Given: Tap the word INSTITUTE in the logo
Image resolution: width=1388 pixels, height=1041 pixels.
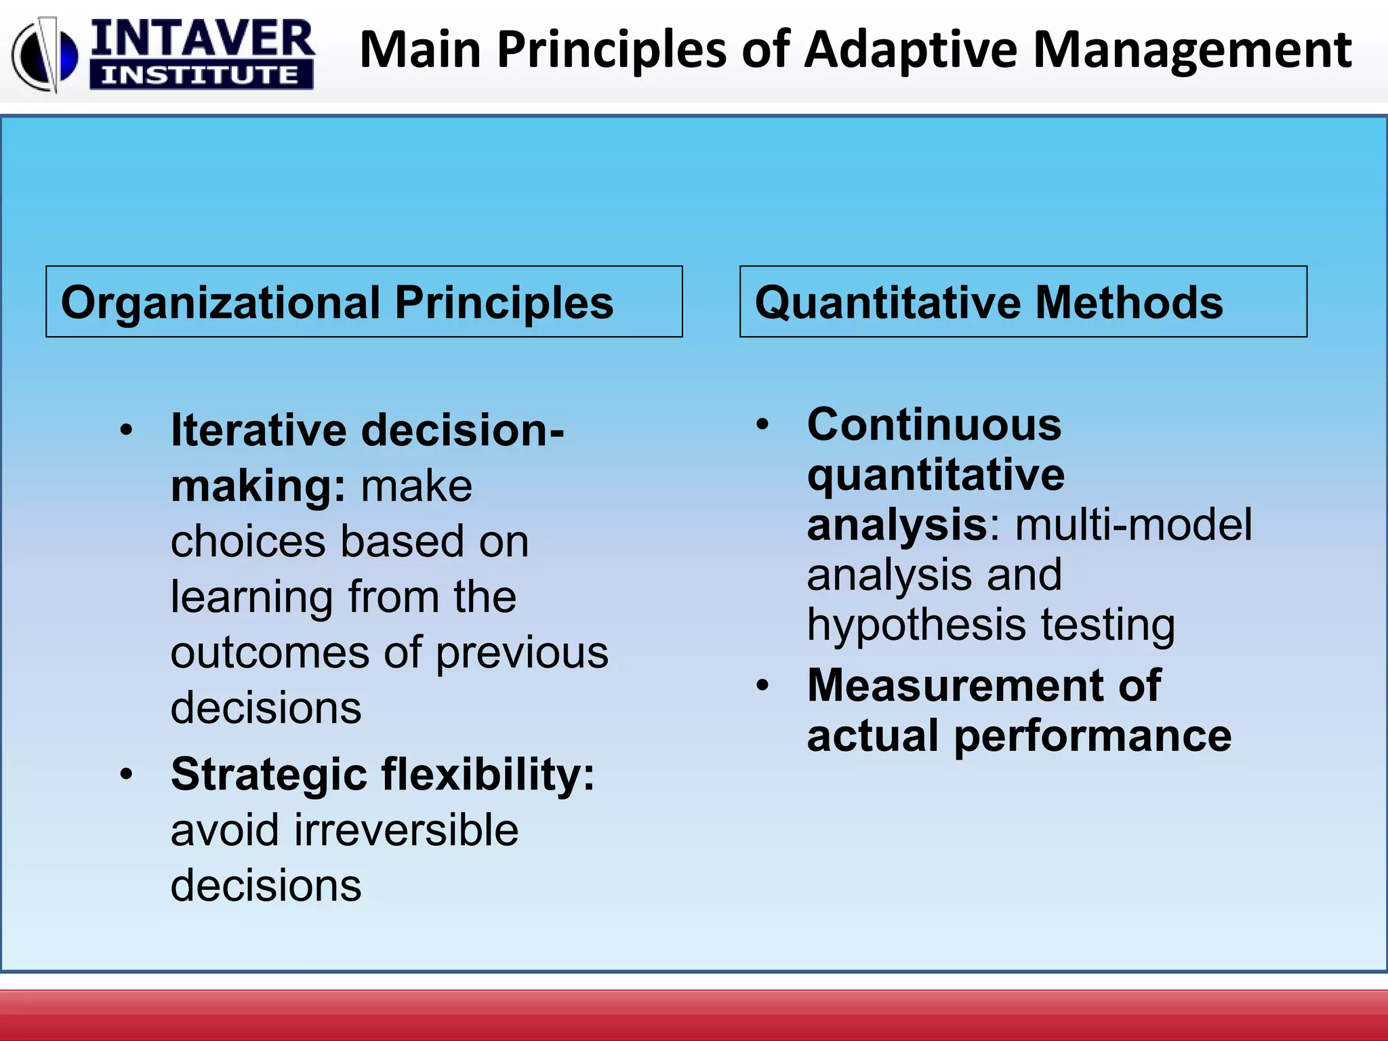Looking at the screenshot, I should [x=201, y=75].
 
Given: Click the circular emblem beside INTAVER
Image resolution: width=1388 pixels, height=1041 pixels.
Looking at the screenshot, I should [x=45, y=54].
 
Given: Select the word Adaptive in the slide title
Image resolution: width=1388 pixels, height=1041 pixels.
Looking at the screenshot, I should [x=910, y=50].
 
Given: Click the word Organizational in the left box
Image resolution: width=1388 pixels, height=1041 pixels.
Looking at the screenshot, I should [x=220, y=302].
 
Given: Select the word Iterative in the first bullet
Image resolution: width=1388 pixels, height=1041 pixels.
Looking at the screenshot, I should [x=258, y=430].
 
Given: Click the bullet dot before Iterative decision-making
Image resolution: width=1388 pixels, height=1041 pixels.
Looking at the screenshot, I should [x=126, y=430].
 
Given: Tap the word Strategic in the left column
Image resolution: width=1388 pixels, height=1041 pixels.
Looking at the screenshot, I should [x=268, y=774].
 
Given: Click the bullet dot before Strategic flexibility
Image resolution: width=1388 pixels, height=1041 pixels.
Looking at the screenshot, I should [x=126, y=774].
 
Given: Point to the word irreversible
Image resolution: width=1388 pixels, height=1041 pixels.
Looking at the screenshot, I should [x=405, y=830].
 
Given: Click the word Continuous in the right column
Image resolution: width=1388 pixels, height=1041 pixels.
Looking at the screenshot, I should [x=934, y=425].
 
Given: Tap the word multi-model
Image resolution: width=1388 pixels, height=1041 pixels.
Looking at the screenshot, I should [x=1133, y=525].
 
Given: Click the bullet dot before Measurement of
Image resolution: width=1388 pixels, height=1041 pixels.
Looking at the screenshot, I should [x=763, y=685].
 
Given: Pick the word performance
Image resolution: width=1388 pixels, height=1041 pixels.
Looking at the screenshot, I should [x=1093, y=737].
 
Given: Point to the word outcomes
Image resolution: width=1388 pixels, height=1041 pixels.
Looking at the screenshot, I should [x=270, y=653].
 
